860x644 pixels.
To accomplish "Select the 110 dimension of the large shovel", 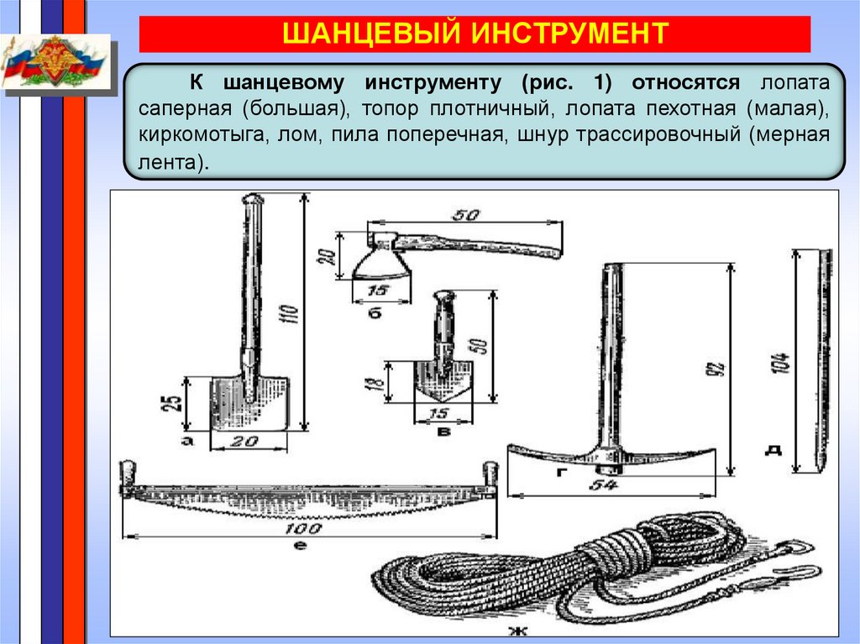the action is click(290, 314).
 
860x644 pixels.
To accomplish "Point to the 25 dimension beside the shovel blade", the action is click(172, 403).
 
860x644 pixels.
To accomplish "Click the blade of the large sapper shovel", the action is click(249, 404).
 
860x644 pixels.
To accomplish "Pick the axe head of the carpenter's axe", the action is click(381, 257).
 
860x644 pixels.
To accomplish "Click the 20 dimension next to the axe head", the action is click(327, 256).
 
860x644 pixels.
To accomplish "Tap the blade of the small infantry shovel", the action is click(443, 380).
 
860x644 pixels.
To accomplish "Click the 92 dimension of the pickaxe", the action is click(716, 368).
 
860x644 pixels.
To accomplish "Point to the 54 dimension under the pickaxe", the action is click(603, 485).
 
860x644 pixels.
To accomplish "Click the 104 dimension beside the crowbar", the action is click(780, 363).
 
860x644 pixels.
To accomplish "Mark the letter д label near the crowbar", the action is click(773, 450).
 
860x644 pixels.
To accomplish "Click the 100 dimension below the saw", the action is click(302, 528).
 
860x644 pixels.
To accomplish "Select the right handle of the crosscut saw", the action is click(490, 474).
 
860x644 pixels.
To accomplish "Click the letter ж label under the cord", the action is click(517, 631).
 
